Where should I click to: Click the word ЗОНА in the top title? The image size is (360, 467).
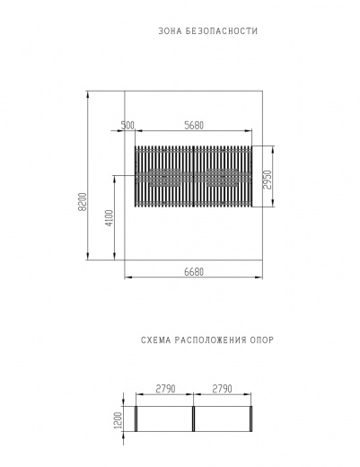point(170,31)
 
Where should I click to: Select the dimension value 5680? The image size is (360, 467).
point(198,126)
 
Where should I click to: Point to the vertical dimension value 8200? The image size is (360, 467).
point(82,202)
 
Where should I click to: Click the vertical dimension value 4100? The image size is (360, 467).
point(109,218)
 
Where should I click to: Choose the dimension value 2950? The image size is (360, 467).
point(267,177)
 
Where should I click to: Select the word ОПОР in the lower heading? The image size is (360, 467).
point(260,341)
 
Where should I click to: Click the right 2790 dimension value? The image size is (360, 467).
point(224,388)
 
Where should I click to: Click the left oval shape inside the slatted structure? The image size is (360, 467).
point(163,177)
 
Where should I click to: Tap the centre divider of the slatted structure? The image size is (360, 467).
point(193,177)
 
